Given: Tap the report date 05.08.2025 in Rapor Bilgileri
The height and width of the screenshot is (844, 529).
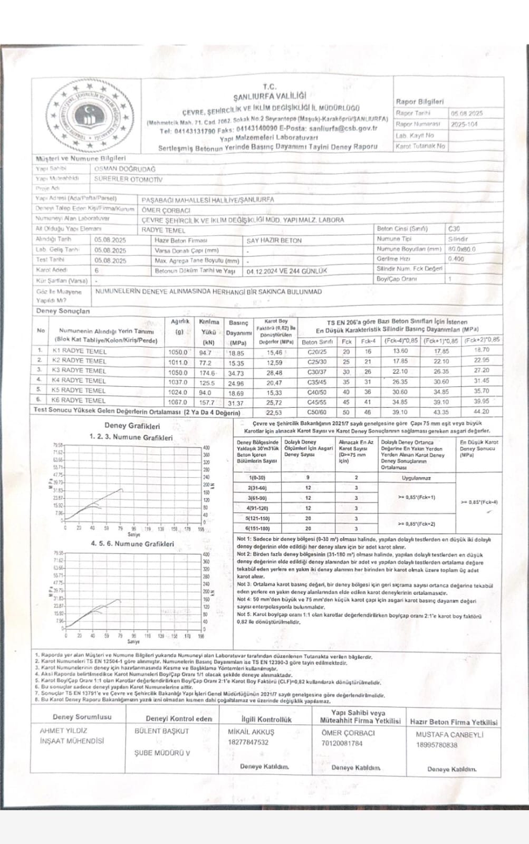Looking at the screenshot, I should pos(466,113).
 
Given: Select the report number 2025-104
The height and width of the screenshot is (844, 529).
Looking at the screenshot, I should pos(464,124).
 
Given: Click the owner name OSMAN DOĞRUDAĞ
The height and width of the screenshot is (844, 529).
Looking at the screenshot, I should pos(124,169).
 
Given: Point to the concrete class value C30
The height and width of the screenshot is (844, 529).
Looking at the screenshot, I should pos(454,229).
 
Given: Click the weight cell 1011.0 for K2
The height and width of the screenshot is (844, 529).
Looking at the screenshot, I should pos(178,362).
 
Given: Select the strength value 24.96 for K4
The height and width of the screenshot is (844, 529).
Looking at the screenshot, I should pos(236,383).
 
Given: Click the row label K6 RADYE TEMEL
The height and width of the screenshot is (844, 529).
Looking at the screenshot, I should pos(79,400).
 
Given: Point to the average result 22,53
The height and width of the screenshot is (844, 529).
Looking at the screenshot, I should pos(274,413).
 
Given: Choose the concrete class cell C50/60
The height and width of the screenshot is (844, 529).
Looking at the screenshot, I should pos(316,412).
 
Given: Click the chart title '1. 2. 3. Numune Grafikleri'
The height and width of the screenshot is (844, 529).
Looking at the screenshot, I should pos(131,437).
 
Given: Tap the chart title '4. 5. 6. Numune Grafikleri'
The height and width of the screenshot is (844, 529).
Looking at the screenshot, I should pos(132,543).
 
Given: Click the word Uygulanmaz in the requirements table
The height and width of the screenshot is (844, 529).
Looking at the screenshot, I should pos(416,478).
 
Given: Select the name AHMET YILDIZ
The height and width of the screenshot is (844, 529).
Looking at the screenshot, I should pos(63,731).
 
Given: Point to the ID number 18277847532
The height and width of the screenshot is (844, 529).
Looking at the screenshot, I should pos(248,742).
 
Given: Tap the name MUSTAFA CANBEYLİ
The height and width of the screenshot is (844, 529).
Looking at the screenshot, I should pos(449,734).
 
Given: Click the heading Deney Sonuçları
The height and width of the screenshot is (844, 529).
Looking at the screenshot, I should pos(63,311).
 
